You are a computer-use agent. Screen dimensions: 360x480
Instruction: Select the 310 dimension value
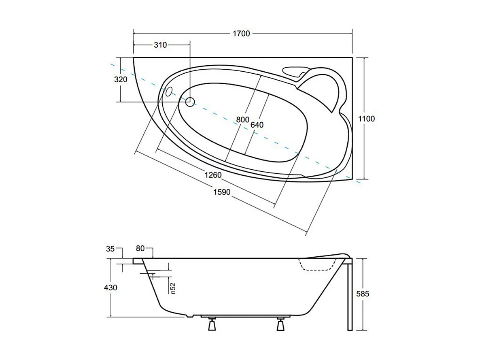[160, 45]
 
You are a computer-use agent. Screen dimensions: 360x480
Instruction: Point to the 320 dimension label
[121, 79]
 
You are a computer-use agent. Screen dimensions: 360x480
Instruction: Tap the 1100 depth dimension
[367, 119]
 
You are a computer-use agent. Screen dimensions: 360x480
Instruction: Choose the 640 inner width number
[257, 125]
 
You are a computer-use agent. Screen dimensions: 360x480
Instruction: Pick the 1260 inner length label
[212, 175]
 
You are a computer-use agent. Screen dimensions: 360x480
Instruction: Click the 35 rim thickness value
[110, 248]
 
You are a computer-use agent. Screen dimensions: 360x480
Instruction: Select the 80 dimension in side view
[140, 248]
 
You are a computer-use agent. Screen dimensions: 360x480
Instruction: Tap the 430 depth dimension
[110, 288]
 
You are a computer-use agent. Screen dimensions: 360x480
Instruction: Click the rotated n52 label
[172, 287]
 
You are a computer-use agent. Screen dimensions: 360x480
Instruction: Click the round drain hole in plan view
[190, 102]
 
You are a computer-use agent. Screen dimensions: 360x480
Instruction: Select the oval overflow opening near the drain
[169, 92]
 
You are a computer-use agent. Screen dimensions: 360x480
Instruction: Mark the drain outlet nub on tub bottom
[188, 316]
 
